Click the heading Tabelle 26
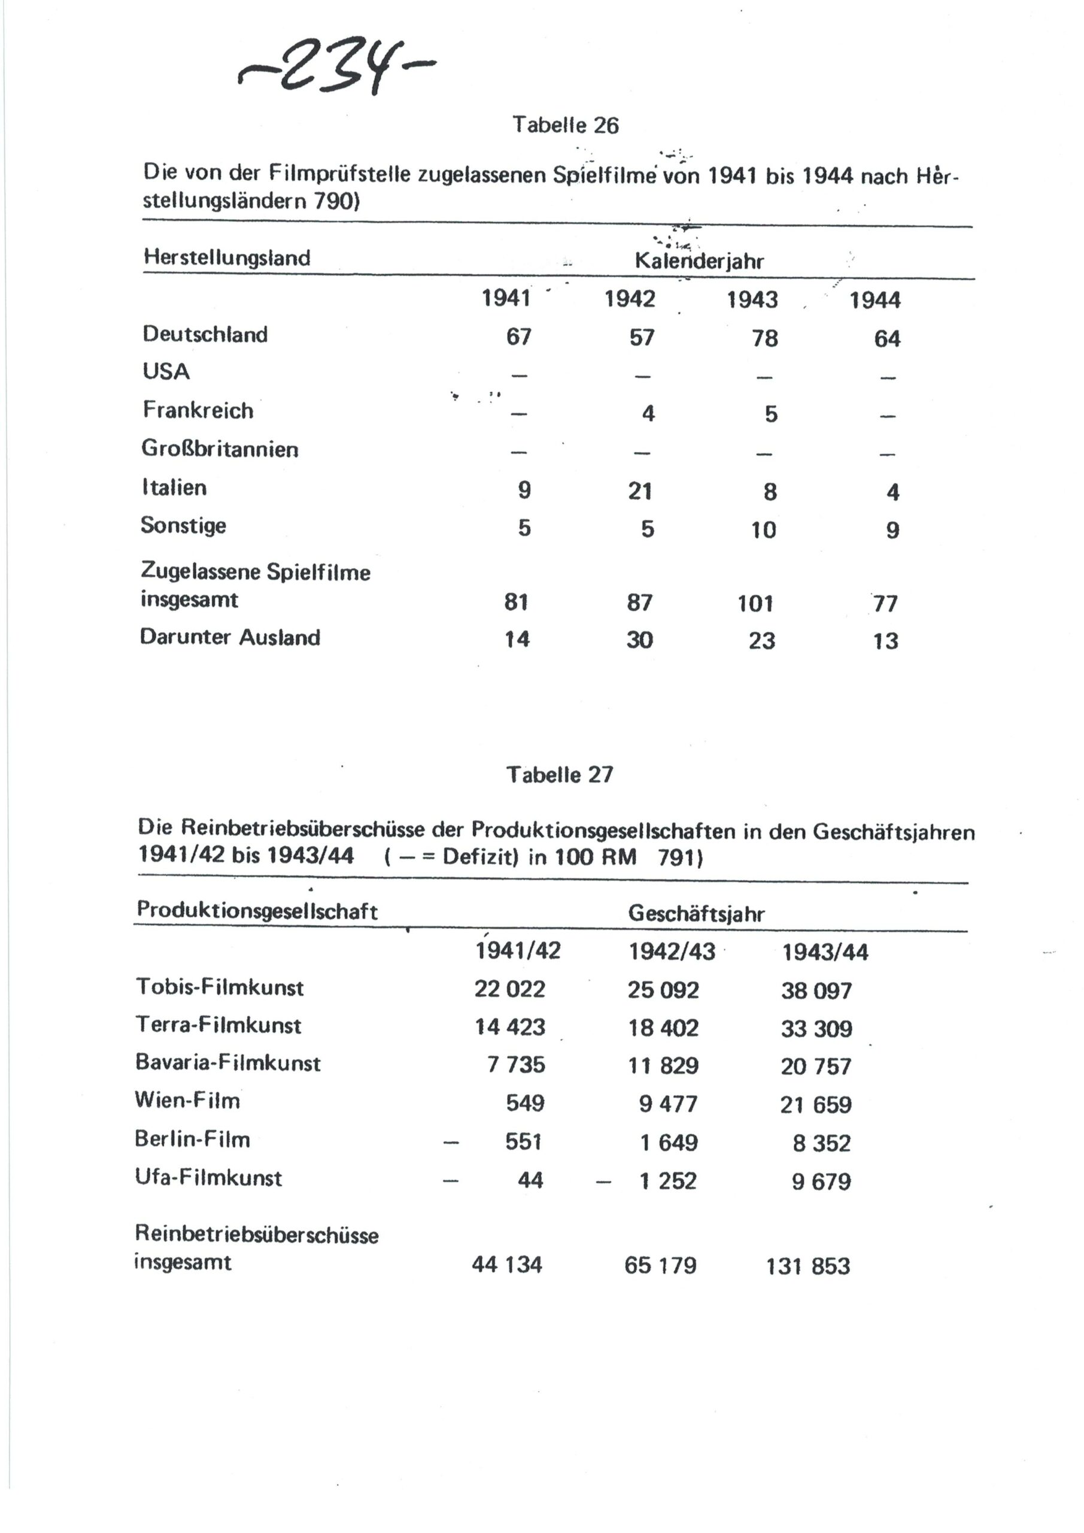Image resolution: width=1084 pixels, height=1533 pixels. click(x=566, y=126)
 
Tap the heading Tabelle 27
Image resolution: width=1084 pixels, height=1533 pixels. click(x=559, y=774)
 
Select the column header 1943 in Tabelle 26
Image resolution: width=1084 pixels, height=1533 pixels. click(x=752, y=299)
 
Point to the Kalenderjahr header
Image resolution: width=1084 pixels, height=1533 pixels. click(x=699, y=261)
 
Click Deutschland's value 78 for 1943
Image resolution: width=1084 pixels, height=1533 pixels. click(x=765, y=338)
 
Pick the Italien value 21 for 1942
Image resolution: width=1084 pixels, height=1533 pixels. click(x=639, y=492)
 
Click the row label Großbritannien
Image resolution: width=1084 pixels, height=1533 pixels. click(x=220, y=449)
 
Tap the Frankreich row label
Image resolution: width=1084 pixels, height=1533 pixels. click(x=198, y=410)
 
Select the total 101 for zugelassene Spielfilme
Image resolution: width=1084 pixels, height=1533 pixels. click(x=755, y=604)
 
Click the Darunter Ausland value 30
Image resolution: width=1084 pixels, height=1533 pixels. click(x=639, y=640)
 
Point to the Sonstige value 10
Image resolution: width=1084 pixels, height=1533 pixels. click(x=763, y=530)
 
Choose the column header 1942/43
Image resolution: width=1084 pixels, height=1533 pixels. click(x=672, y=952)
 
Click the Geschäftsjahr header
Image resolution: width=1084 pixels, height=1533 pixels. click(x=696, y=914)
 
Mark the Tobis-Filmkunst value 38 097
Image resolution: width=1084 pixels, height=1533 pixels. click(x=816, y=990)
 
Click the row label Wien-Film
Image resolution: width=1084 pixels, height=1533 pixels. click(x=187, y=1099)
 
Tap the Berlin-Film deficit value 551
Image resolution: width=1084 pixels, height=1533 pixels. click(x=523, y=1142)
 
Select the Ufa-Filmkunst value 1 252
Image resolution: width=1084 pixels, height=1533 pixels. click(x=667, y=1180)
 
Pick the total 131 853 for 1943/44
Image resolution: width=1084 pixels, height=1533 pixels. click(x=807, y=1266)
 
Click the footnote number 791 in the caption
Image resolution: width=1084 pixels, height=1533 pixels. click(x=679, y=858)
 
